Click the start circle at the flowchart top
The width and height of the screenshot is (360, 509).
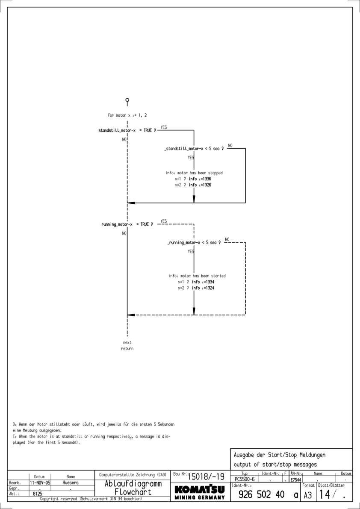coord(127,100)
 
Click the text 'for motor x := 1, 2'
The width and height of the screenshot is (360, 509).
coord(128,115)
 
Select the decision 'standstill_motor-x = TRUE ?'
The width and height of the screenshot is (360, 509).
coord(127,130)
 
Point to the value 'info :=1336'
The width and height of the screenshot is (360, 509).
coord(200,179)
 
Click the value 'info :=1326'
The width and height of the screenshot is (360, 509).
coord(200,185)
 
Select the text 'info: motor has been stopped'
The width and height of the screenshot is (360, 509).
coord(194,173)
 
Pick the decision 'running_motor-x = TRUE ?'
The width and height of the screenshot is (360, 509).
coord(127,224)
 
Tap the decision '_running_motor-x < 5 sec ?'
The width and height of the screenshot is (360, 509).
coord(195,242)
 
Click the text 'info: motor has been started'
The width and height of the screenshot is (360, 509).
coord(197,276)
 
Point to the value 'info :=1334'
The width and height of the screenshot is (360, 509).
coord(203,282)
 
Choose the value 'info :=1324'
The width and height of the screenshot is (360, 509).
coord(203,288)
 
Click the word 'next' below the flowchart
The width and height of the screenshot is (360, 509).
coord(127,342)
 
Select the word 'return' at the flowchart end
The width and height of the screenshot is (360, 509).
coord(127,349)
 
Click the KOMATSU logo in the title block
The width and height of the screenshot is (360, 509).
coord(198,490)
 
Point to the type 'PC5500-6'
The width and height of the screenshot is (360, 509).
coord(245,480)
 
